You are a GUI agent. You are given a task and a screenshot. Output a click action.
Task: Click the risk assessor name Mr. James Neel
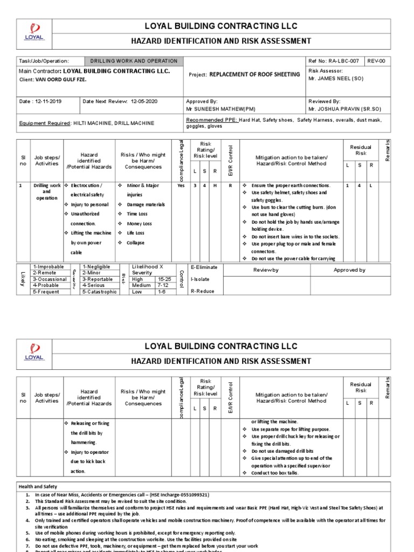click(x=336, y=79)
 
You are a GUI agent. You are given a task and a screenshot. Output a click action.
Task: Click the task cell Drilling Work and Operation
click(x=133, y=61)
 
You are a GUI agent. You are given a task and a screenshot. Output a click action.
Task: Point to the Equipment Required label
click(x=45, y=123)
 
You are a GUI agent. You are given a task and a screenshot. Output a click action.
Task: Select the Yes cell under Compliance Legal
click(x=181, y=185)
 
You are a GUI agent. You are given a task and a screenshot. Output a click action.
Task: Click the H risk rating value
click(x=215, y=185)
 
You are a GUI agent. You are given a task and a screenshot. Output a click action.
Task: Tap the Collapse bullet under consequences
click(x=136, y=243)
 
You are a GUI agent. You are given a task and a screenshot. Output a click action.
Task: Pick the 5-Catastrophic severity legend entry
click(x=99, y=292)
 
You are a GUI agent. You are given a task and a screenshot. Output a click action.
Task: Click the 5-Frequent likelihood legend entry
click(x=46, y=292)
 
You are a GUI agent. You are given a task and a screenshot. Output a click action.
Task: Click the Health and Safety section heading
click(x=39, y=486)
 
